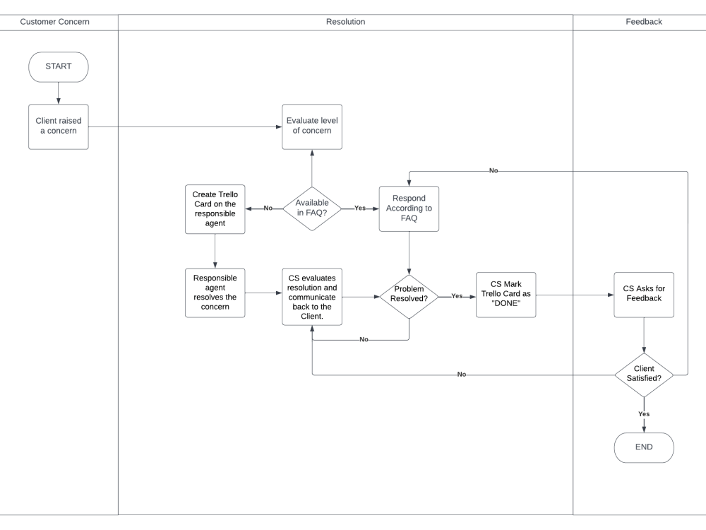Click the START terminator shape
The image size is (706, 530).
coord(58,66)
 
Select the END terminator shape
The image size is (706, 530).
coord(643,447)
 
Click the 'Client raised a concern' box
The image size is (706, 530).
coord(58,126)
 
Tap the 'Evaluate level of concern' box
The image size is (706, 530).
coord(311,126)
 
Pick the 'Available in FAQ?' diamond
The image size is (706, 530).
coord(311,208)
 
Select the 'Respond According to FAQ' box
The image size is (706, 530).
coord(409,208)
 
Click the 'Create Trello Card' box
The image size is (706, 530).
coord(215,209)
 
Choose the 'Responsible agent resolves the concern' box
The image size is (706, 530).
coord(215,293)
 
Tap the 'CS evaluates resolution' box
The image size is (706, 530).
coord(311,296)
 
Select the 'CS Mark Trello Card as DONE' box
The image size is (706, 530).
coord(505,294)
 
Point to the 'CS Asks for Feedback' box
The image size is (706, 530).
coord(643,294)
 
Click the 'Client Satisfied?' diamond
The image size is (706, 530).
coord(643,374)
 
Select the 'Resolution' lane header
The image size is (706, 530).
coord(345,22)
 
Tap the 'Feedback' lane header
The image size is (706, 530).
coord(643,22)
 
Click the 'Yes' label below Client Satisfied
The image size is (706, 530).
coord(643,413)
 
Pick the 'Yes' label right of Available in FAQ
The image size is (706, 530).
coord(360,208)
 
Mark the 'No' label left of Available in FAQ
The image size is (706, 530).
coord(268,208)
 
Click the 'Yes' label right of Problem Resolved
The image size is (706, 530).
coord(457,296)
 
